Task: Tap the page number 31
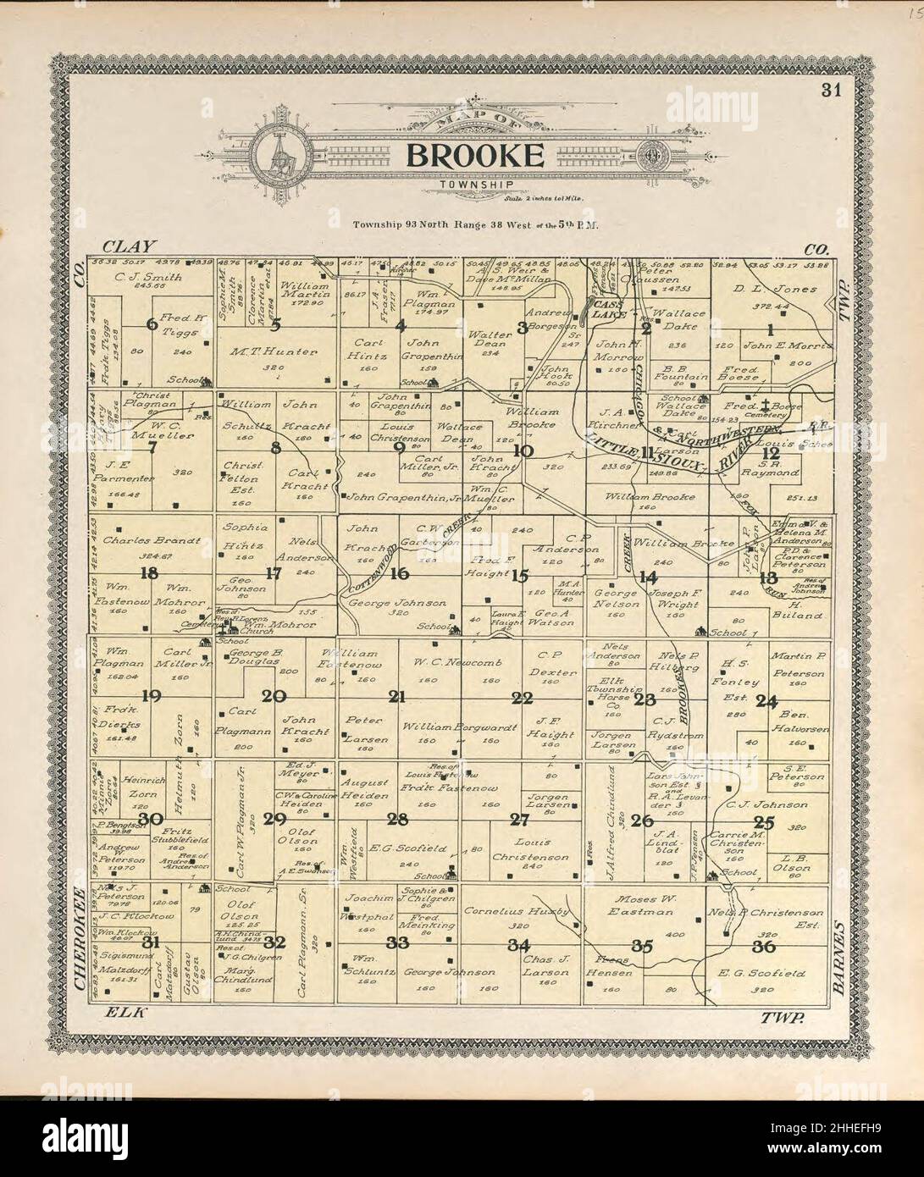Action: point(829,91)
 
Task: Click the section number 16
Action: point(400,573)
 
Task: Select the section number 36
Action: point(767,946)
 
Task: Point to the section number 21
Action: point(396,697)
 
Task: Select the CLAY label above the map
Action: point(129,247)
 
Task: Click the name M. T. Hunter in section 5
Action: point(273,351)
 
